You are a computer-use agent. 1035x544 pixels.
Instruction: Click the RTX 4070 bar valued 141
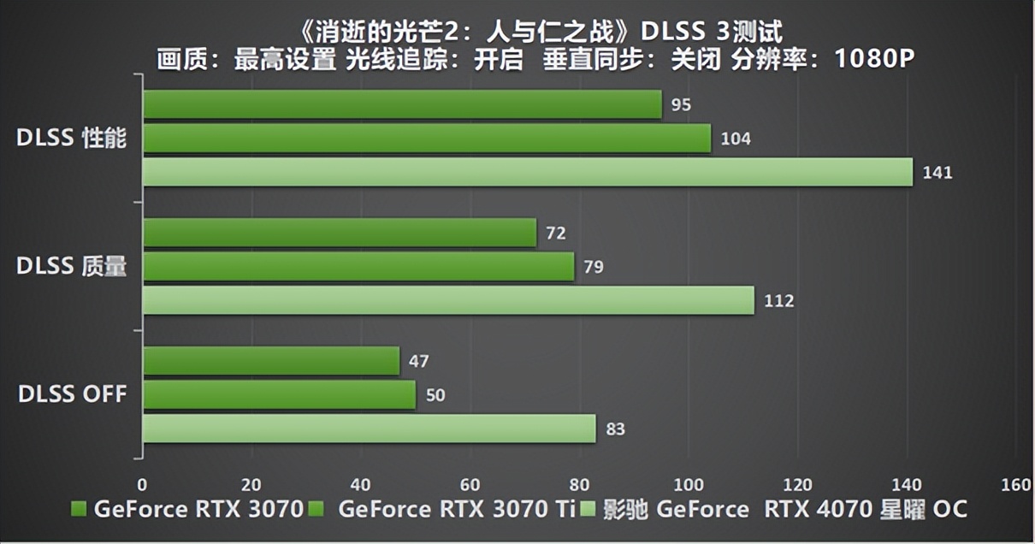(528, 173)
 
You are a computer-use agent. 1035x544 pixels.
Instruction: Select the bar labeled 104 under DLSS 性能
(427, 139)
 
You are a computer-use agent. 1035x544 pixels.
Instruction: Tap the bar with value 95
(402, 104)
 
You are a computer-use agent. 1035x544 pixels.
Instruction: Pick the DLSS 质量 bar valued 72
(340, 233)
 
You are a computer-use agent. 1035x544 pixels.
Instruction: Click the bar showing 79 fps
(358, 267)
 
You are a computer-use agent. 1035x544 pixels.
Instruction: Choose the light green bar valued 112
(448, 301)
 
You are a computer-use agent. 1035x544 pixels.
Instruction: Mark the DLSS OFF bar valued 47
(271, 361)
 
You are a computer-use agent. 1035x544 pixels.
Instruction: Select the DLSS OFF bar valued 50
(279, 395)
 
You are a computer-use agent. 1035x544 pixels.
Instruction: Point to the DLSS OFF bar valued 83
(369, 429)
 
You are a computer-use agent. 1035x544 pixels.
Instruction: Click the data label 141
(937, 173)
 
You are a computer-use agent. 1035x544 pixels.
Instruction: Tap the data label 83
(615, 429)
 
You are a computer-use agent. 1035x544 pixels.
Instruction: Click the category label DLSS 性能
(72, 139)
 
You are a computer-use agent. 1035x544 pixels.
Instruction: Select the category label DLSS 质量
(72, 267)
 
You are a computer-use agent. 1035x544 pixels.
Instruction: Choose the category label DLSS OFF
(72, 394)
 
